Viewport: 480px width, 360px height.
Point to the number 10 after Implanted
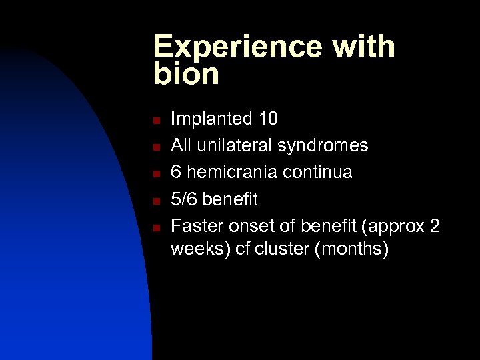[x=268, y=119]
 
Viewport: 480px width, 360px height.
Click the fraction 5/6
[x=185, y=199]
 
